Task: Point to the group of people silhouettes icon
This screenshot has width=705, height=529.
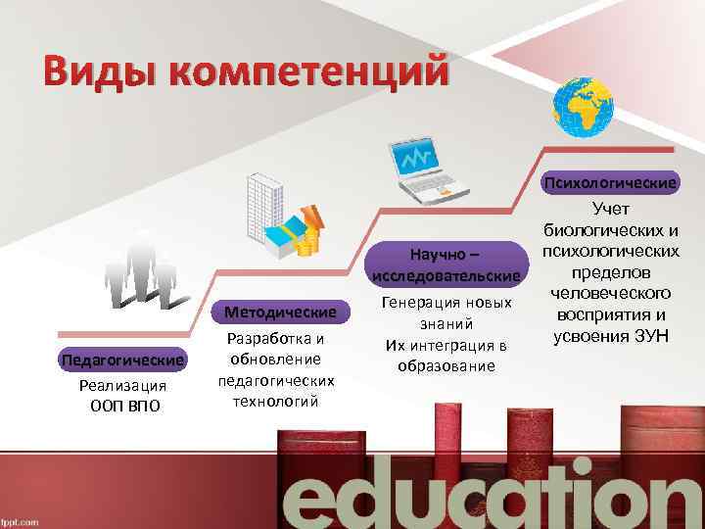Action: coord(142,271)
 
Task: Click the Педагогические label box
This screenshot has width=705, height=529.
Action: coord(121,360)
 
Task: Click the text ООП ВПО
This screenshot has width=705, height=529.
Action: coord(122,407)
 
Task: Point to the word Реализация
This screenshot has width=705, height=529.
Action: coord(122,387)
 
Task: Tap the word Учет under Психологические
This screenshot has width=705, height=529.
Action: coord(611,208)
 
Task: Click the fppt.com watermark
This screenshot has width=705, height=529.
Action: coord(22,521)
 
